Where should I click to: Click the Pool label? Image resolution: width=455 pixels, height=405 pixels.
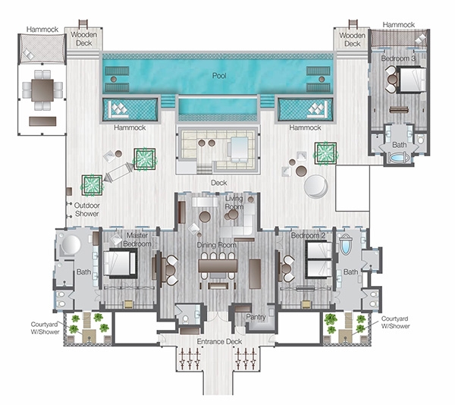coord(219,76)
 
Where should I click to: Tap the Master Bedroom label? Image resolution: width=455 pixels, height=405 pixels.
coord(137,240)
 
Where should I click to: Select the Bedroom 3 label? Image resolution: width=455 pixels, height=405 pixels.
coord(398,58)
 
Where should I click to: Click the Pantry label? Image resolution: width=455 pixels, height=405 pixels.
coord(256,317)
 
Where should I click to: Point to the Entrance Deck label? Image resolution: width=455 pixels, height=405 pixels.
coord(219,341)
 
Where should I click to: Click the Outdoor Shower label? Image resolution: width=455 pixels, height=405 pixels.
coord(87,209)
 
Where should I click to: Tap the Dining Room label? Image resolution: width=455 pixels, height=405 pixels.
coord(216,245)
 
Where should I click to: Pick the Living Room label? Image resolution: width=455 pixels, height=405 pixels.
coord(234,202)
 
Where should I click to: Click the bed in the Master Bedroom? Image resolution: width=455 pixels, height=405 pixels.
coord(120,263)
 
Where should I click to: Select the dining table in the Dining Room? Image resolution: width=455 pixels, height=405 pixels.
coord(218,265)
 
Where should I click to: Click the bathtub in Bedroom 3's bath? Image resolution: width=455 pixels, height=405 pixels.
coord(399,158)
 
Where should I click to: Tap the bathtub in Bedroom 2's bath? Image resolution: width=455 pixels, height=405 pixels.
coord(346,244)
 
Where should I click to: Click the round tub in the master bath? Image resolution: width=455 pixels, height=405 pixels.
coord(69,244)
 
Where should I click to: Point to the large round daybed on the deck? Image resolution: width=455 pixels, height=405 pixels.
coord(316,187)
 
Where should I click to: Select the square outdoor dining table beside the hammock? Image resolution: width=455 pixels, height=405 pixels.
coord(42,90)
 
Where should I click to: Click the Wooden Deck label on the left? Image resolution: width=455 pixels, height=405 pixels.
coord(83,39)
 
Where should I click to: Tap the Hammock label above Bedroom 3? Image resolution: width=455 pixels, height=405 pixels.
coord(399,25)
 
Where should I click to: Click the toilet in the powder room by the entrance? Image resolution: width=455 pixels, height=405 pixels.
coord(185,319)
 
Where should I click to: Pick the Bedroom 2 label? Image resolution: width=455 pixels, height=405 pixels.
coord(308,236)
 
